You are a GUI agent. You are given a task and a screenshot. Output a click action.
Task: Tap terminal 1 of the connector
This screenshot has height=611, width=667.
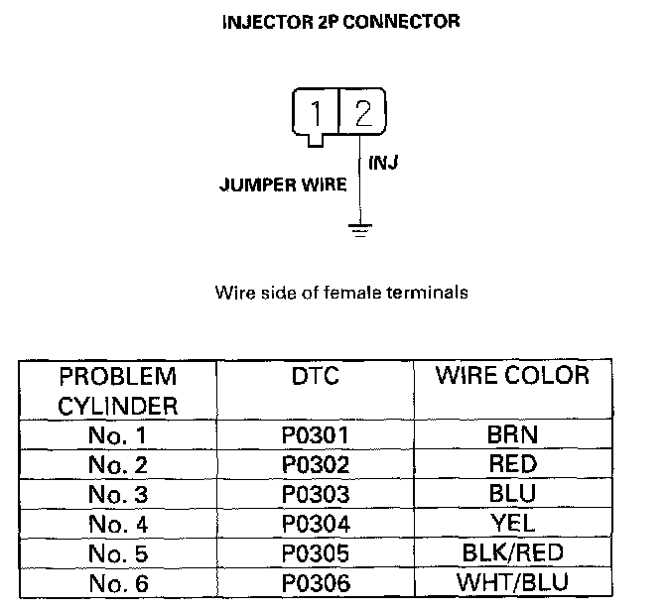pos(315,114)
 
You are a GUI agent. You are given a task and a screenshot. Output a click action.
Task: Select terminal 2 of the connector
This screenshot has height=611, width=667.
pos(361,114)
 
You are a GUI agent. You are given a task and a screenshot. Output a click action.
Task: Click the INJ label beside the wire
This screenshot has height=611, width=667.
pos(383,163)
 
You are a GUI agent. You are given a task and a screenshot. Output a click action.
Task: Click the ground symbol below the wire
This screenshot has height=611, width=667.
pos(360,229)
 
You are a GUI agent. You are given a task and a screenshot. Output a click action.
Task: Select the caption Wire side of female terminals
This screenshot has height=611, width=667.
pos(341,293)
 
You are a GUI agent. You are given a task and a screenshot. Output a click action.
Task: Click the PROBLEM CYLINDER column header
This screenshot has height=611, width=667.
pos(117,391)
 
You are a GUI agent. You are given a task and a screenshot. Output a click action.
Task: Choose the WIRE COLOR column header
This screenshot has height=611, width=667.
pos(512,377)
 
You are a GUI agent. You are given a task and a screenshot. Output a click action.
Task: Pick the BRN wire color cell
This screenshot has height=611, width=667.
pos(512,434)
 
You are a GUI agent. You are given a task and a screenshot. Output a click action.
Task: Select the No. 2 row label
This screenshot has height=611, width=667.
pos(118,463)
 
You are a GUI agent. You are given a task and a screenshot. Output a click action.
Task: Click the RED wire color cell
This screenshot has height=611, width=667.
pos(512,463)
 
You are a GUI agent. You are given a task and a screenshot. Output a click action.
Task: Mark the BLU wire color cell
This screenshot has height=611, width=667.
pos(512,493)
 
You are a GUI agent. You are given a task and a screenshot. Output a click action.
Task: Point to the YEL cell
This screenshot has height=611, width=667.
pos(512,523)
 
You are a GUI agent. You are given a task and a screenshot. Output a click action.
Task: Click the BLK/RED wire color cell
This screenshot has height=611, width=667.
pos(512,551)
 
